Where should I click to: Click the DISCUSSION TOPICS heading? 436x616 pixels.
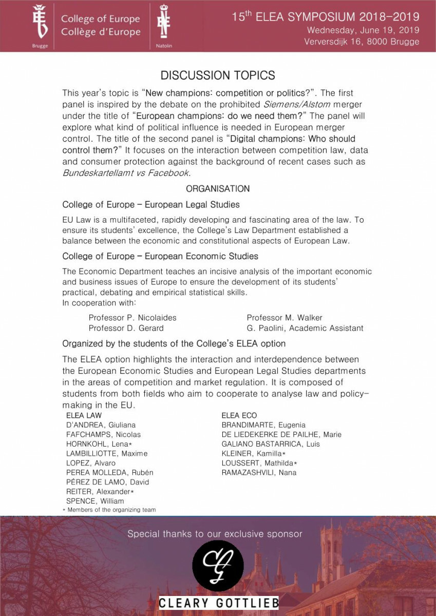(x=218, y=75)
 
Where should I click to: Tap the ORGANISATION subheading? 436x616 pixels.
(x=218, y=189)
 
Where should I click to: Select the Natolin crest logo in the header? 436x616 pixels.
(x=164, y=23)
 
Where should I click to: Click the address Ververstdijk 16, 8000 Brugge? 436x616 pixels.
(x=362, y=42)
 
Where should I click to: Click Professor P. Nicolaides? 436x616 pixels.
(x=132, y=318)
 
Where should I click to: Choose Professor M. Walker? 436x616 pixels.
(x=285, y=318)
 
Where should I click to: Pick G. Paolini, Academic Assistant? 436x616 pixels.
(x=305, y=328)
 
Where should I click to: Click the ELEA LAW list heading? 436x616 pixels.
(x=84, y=415)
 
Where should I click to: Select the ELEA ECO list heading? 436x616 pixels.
(x=239, y=415)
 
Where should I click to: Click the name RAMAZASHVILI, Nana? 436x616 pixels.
(x=259, y=472)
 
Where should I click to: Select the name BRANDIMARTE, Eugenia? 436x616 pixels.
(x=263, y=425)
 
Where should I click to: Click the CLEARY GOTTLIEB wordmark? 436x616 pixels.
(x=218, y=603)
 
